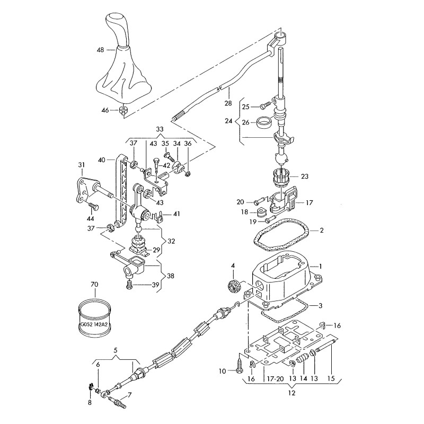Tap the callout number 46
(x=105, y=110)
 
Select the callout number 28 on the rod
(x=227, y=102)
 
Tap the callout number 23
(x=304, y=175)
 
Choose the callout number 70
(x=94, y=285)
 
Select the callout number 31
(x=82, y=165)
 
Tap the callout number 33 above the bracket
(x=160, y=129)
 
